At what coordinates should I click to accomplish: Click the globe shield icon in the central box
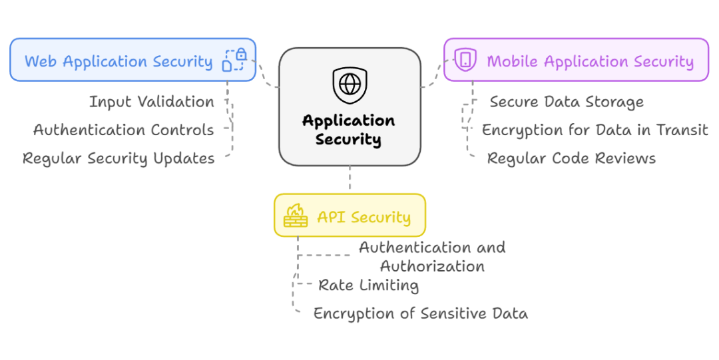tap(350, 85)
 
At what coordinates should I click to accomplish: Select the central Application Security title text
tap(349, 130)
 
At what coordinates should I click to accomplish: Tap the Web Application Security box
tap(132, 60)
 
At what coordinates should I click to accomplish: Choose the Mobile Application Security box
tap(576, 60)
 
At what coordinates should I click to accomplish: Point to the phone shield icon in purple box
tap(465, 60)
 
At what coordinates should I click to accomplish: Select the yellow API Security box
tap(350, 216)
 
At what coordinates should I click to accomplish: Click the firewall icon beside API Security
tap(296, 216)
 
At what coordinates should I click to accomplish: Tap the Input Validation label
tap(152, 102)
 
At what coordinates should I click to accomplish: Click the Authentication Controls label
tap(124, 130)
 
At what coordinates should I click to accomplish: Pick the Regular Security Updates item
tap(119, 158)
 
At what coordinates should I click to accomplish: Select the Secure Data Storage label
tap(567, 102)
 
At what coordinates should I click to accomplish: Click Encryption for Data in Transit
tap(595, 130)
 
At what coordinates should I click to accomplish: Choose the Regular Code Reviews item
tap(571, 158)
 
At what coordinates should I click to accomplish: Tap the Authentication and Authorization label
tap(432, 256)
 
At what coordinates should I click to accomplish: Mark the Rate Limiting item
tap(368, 285)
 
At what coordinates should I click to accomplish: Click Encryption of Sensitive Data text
tap(421, 313)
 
